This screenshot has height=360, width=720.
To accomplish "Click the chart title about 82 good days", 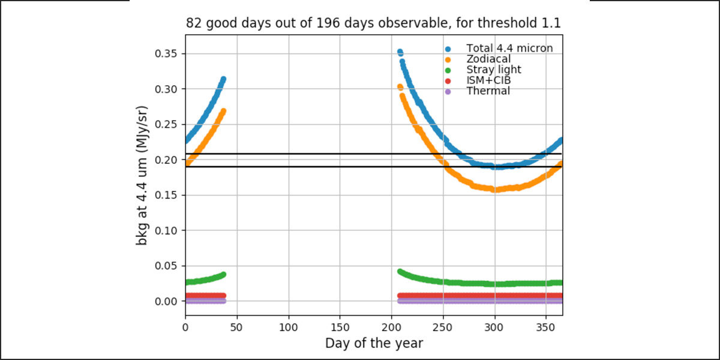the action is pyautogui.click(x=373, y=23).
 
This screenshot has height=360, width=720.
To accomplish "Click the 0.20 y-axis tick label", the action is pyautogui.click(x=166, y=160).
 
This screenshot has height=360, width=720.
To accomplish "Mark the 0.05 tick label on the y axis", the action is pyautogui.click(x=166, y=266).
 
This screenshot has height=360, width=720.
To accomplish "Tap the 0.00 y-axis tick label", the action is pyautogui.click(x=166, y=301).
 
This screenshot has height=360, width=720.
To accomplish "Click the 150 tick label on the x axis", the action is pyautogui.click(x=340, y=328).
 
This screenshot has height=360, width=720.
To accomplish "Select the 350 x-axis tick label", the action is pyautogui.click(x=546, y=328).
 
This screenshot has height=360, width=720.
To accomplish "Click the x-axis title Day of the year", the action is pyautogui.click(x=374, y=343).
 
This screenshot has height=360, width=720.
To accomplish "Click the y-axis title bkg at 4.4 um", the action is pyautogui.click(x=142, y=175).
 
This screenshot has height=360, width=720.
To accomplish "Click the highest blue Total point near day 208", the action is pyautogui.click(x=400, y=52).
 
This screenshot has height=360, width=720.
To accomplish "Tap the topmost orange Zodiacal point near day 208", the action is pyautogui.click(x=400, y=87).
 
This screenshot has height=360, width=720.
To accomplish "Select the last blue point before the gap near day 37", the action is pyautogui.click(x=223, y=79).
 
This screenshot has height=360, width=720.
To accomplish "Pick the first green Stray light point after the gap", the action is pyautogui.click(x=400, y=272).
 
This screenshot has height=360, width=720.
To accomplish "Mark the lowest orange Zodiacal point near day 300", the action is pyautogui.click(x=495, y=190).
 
